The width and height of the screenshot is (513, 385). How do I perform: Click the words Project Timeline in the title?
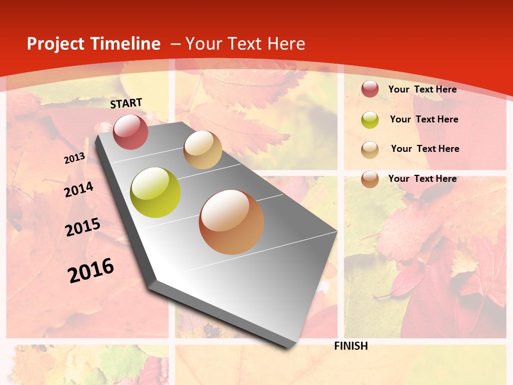(94, 44)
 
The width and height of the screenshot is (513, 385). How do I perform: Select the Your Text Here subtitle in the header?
(245, 44)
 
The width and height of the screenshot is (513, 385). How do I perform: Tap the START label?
(127, 103)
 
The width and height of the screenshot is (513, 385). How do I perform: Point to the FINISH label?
(351, 346)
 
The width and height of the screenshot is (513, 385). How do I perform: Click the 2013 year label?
(75, 158)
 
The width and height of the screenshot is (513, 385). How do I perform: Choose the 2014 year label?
(79, 189)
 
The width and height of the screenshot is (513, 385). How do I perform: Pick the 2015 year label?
(83, 227)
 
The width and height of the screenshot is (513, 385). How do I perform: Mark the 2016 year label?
(91, 271)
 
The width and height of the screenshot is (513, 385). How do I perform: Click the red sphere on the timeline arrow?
(131, 132)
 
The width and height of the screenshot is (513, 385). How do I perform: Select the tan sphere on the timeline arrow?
(203, 150)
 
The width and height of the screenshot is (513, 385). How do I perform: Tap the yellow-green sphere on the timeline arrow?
(156, 192)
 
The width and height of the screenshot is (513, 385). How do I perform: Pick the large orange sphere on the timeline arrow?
(231, 222)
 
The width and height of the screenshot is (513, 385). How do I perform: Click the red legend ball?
(370, 89)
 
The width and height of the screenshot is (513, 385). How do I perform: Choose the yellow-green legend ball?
(370, 120)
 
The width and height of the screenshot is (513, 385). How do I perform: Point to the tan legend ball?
(370, 150)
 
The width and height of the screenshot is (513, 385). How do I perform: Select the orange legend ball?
(370, 179)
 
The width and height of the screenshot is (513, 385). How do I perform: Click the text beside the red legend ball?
(422, 89)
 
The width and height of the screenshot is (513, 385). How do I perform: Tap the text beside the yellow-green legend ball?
(424, 119)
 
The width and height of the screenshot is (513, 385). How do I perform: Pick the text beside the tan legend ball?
(425, 149)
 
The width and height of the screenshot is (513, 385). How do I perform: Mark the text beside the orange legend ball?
(422, 179)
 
